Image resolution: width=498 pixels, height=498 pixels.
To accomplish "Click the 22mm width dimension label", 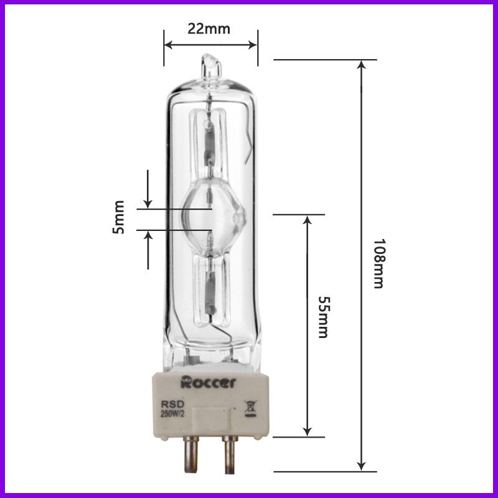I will tap(209, 29).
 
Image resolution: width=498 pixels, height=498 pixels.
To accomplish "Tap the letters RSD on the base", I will tap(171, 404).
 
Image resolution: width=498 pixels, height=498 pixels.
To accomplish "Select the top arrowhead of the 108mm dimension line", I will tap(361, 65).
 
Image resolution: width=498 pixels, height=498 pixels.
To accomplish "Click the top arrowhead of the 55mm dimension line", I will tap(307, 220).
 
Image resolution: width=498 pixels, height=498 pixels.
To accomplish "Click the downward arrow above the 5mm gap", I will tap(148, 202).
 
